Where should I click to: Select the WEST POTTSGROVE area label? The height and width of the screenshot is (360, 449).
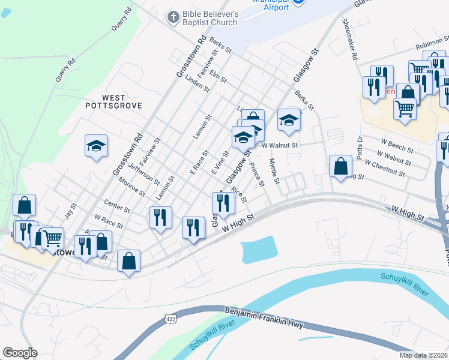point(113,101)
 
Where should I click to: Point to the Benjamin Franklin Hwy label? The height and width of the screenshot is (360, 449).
point(264,319)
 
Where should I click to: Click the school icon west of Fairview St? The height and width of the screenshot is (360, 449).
point(96,146)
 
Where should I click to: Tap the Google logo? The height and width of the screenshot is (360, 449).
point(20,353)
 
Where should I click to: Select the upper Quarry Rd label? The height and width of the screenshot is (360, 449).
point(121,20)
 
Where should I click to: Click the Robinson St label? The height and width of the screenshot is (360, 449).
point(432,46)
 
